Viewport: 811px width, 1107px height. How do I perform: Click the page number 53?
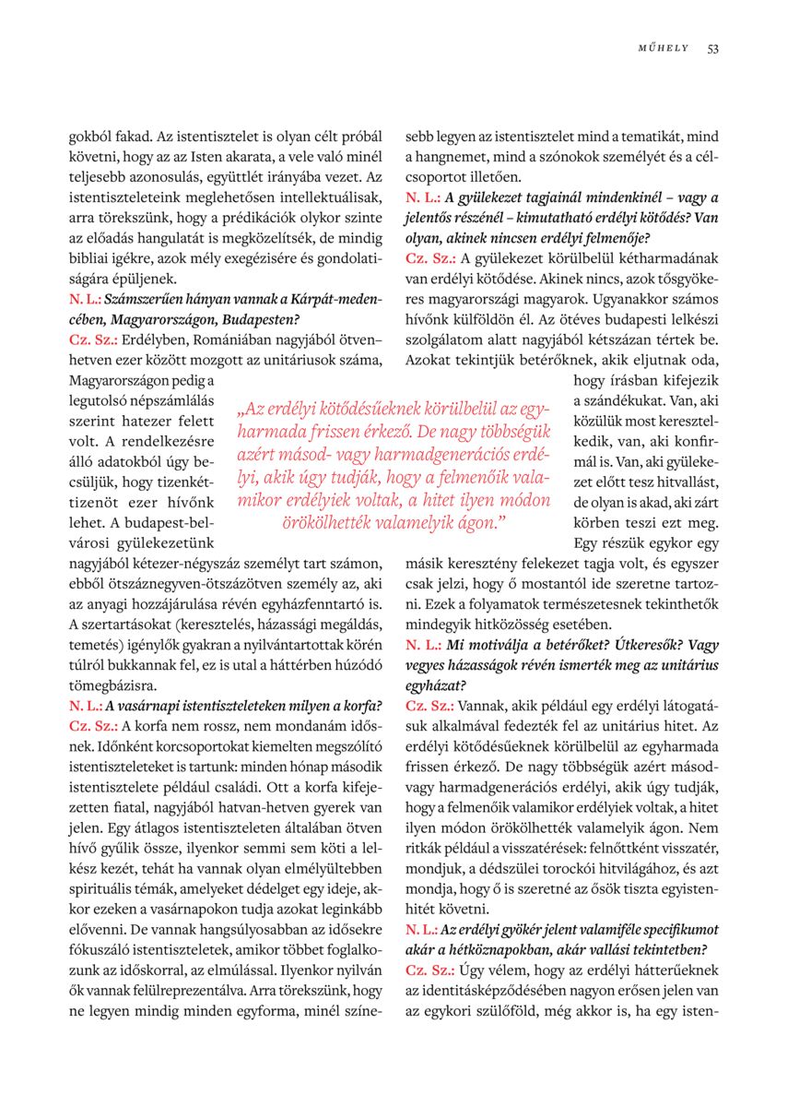(713, 49)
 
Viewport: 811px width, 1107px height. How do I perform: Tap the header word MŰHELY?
(664, 49)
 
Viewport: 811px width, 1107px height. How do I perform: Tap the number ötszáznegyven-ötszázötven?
(220, 583)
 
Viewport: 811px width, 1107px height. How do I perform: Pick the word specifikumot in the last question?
(671, 928)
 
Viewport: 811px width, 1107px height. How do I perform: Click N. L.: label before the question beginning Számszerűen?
(85, 299)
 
